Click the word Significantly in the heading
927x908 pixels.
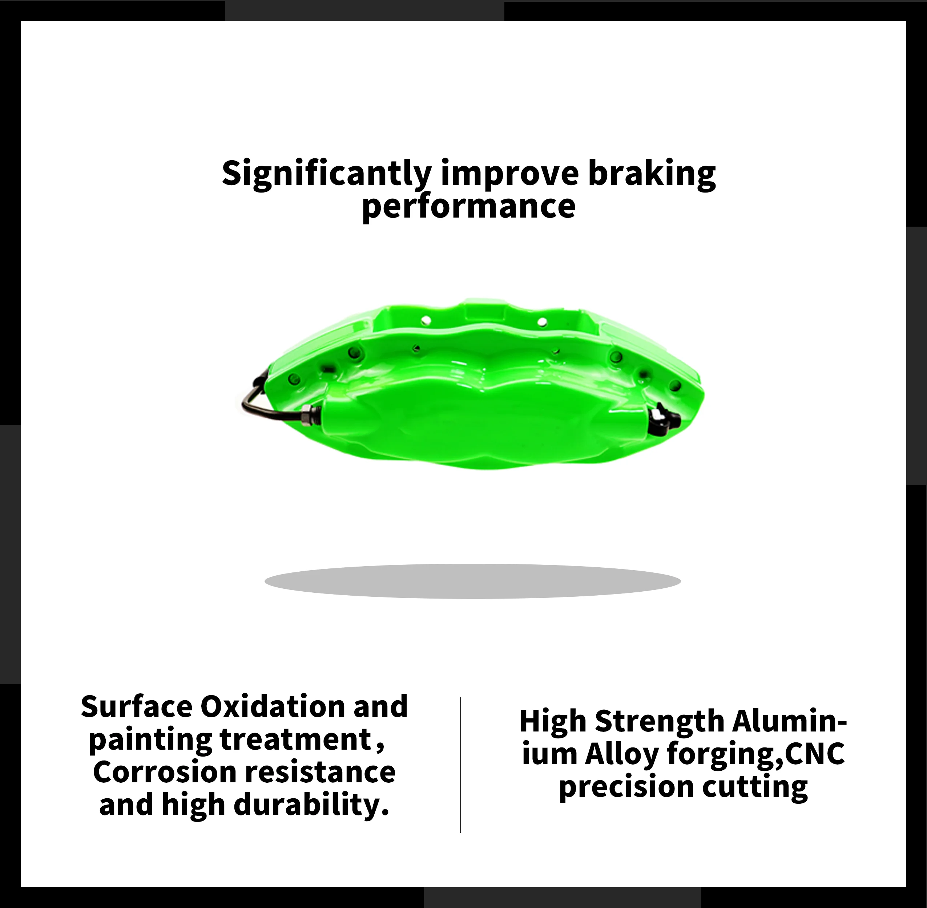click(x=326, y=175)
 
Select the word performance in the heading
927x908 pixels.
click(x=468, y=208)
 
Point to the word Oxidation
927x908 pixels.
click(x=272, y=707)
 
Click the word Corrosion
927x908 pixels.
click(x=165, y=772)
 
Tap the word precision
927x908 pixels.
click(x=626, y=787)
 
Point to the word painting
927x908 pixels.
click(x=150, y=740)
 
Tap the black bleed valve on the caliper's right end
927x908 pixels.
click(x=663, y=414)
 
